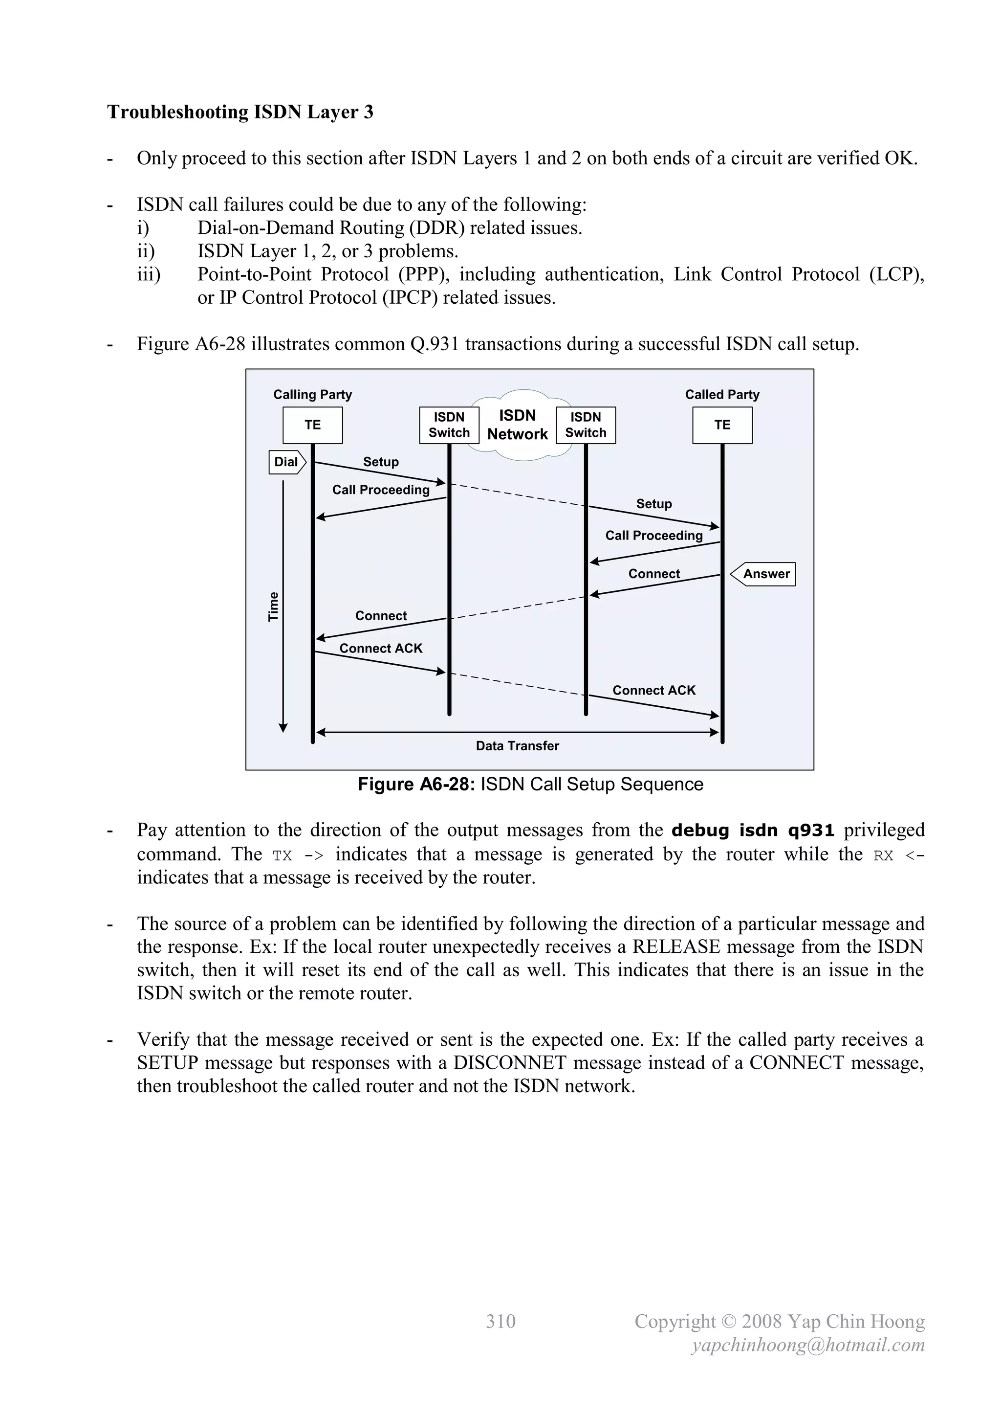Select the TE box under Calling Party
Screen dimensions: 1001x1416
pos(312,425)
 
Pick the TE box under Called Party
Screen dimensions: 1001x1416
pos(722,425)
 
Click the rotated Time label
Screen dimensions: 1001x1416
pos(274,607)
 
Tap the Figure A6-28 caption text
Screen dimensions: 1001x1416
pos(530,785)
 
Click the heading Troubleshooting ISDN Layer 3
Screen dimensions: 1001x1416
pos(240,112)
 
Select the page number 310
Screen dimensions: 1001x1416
pos(500,1321)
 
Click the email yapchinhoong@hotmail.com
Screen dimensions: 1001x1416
pos(808,1345)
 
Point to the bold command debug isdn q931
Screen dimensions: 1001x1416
pos(753,830)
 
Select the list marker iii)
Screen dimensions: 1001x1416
pos(149,274)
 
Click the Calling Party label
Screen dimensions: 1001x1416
pos(312,395)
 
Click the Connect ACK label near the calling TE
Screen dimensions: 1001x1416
pos(381,648)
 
